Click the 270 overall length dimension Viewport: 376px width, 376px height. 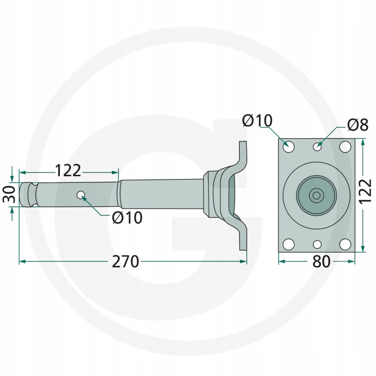tap(125, 261)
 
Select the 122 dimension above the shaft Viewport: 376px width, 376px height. tap(68, 171)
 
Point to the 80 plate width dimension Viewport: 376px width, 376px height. tap(321, 262)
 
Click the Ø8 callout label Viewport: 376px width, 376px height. tap(358, 125)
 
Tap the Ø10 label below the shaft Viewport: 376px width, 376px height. tap(127, 218)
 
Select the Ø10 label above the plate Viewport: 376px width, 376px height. tap(257, 120)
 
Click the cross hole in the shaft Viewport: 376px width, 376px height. tap(81, 195)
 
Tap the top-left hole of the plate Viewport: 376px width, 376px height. tap(289, 147)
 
